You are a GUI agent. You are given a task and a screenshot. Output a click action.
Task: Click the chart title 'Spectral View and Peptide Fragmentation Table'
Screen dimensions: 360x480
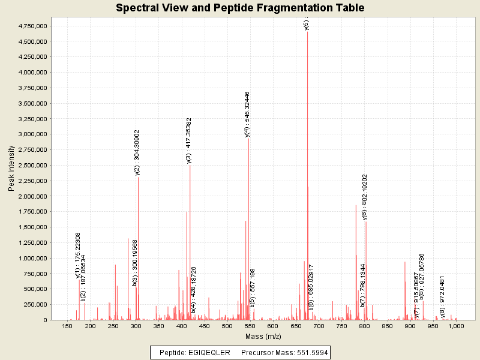tap(240, 8)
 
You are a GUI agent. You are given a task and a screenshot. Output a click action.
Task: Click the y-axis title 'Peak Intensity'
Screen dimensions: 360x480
tap(11, 170)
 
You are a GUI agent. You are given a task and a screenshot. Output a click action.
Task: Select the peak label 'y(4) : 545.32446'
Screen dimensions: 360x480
tap(247, 115)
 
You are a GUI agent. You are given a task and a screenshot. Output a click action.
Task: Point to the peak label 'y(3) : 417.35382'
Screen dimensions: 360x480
tap(189, 140)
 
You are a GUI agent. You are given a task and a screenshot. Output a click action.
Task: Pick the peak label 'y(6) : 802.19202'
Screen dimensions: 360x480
tap(365, 197)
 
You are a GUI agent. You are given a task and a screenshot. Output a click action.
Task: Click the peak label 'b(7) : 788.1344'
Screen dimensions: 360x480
tap(362, 285)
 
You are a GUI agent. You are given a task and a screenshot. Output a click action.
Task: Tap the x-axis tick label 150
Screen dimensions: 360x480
tap(67, 327)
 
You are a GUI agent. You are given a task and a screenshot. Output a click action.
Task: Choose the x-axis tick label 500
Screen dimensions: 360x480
tap(227, 327)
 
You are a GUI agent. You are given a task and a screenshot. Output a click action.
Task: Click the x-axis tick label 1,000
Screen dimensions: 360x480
tap(456, 327)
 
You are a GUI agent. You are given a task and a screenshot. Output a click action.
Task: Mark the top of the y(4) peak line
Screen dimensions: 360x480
tap(248, 139)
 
